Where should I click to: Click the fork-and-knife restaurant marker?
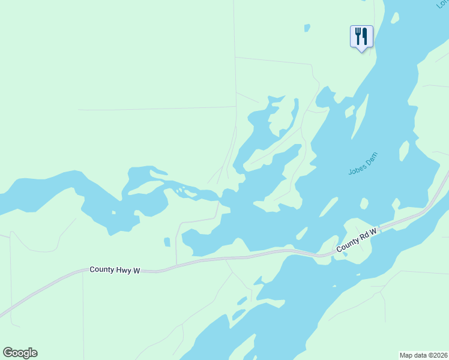pos(361,36)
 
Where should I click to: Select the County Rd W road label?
pos(357,239)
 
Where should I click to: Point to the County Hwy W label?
pos(115,271)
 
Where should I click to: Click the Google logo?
pos(20,353)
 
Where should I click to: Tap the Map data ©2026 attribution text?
pos(423,355)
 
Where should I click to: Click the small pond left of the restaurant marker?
pos(307,28)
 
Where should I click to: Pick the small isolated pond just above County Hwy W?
pos(167,242)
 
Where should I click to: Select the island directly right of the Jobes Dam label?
pos(404,151)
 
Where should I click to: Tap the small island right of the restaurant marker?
pos(394,18)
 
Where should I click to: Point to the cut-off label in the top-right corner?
pos(442,4)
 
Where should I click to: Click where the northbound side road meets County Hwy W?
pos(176,263)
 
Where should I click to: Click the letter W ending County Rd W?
pos(373,231)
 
